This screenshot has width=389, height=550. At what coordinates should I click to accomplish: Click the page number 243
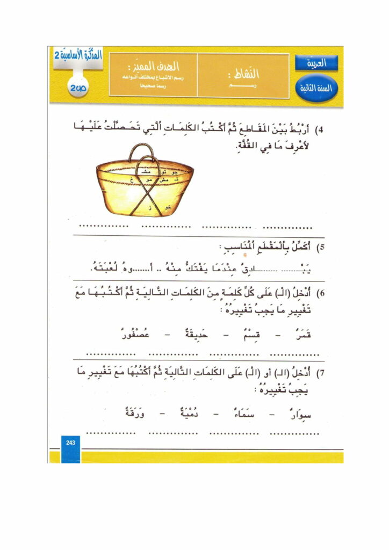[x=70, y=442]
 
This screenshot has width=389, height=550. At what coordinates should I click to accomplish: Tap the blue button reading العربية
[x=316, y=63]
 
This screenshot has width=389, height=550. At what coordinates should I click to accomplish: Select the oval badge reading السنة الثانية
[x=316, y=88]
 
